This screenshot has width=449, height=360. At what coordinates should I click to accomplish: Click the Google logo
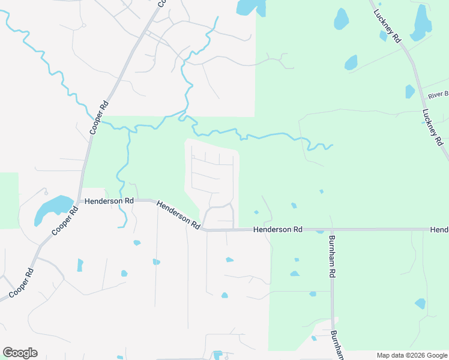[x=20, y=353]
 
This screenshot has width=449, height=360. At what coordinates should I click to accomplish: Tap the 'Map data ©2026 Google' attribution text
[x=412, y=355]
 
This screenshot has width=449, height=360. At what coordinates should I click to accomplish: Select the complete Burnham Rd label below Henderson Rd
[x=331, y=255]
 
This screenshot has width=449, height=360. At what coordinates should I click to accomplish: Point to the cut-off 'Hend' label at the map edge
[x=439, y=230]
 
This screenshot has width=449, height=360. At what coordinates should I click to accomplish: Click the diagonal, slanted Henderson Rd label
[x=178, y=215]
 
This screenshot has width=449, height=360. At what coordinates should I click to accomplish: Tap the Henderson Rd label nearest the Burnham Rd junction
[x=278, y=230]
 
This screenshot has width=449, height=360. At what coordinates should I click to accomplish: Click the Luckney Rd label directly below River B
[x=432, y=127]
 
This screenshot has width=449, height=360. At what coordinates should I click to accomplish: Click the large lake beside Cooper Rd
[x=52, y=208]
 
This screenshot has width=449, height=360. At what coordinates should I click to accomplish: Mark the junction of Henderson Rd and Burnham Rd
[x=331, y=230]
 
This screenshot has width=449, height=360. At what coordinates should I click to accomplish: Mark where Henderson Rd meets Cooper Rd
[x=80, y=201]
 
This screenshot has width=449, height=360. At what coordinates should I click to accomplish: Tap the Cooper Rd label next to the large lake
[x=65, y=221]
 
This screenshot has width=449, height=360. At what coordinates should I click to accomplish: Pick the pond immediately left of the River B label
[x=410, y=91]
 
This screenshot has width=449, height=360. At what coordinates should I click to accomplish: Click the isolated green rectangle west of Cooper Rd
[x=9, y=200]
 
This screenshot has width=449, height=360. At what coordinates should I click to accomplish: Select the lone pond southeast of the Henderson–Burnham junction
[x=420, y=304]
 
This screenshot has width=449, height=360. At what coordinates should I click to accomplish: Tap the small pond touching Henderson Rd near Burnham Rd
[x=320, y=231]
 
